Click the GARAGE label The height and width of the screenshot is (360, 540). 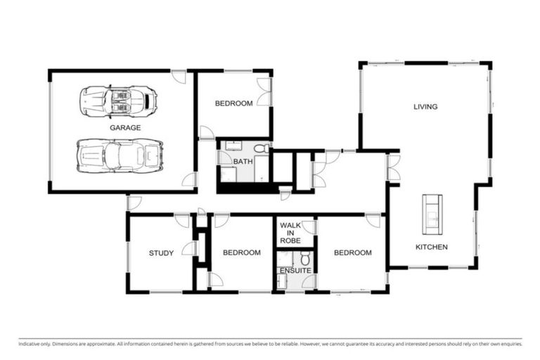pyautogui.click(x=125, y=128)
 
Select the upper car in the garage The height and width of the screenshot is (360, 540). pyautogui.click(x=118, y=101)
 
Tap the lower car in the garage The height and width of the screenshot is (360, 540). pyautogui.click(x=120, y=155)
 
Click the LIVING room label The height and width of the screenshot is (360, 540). pyautogui.click(x=425, y=107)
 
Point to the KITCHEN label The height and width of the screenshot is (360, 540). pyautogui.click(x=431, y=247)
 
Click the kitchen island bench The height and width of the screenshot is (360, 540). pyautogui.click(x=432, y=214)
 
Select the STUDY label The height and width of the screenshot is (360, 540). pyautogui.click(x=161, y=253)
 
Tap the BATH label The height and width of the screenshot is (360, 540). pyautogui.click(x=243, y=162)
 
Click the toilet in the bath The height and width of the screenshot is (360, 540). pyautogui.click(x=260, y=148)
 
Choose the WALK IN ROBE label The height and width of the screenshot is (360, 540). pyautogui.click(x=290, y=233)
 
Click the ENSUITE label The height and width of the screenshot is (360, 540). pyautogui.click(x=295, y=270)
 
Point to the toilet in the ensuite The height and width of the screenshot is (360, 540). pyautogui.click(x=305, y=257)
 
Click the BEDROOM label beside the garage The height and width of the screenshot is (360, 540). pyautogui.click(x=233, y=104)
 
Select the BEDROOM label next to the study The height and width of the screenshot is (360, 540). pyautogui.click(x=242, y=252)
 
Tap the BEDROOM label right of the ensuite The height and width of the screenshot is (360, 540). pyautogui.click(x=352, y=252)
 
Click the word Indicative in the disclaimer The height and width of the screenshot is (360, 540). pyautogui.click(x=30, y=344)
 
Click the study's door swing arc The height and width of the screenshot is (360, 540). pyautogui.click(x=188, y=248)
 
